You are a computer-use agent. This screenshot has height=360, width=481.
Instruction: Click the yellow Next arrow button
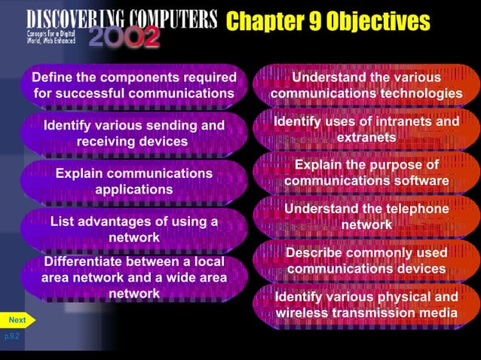[17, 320]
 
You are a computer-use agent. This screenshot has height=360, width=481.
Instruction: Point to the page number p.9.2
[12, 337]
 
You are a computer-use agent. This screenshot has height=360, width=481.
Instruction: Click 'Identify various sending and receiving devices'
[133, 133]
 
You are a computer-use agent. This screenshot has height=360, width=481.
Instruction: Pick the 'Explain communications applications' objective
[133, 181]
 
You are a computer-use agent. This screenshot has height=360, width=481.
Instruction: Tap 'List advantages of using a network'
[133, 229]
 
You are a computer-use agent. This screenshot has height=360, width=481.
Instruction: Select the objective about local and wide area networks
[133, 277]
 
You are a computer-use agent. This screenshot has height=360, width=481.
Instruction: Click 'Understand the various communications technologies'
[366, 85]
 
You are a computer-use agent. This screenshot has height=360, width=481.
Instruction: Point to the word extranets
[366, 138]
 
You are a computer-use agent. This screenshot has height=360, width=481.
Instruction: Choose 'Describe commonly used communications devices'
[366, 261]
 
